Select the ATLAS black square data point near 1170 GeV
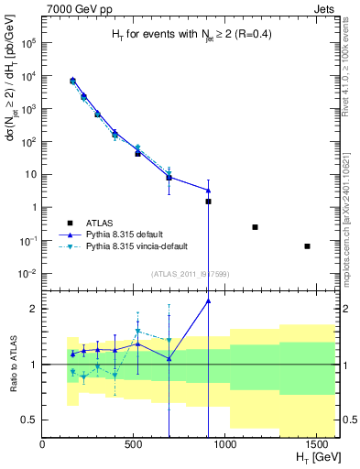(255, 227)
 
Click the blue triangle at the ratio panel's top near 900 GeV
(209, 300)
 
